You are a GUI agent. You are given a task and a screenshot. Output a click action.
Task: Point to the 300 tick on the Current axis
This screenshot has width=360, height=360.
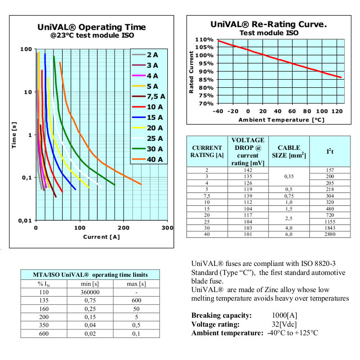167,228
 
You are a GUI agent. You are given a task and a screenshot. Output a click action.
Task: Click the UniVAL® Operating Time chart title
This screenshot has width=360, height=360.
92,27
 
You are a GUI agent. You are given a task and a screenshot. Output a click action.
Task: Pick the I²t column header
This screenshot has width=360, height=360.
330,151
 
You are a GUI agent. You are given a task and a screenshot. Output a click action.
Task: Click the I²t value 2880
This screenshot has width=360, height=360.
330,234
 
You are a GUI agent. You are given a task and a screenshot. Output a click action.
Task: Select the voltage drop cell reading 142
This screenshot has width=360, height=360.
247,170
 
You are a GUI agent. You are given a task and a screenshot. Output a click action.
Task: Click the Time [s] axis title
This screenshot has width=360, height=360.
15,135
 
